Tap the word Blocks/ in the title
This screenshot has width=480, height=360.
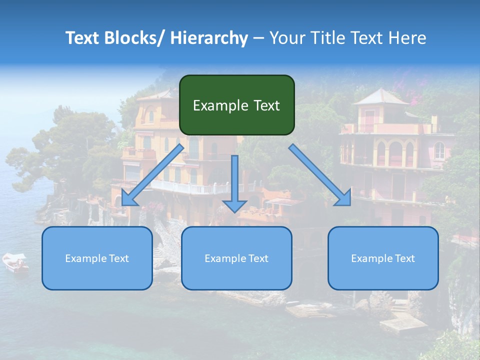[134, 38]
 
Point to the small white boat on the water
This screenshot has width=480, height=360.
[15, 262]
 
